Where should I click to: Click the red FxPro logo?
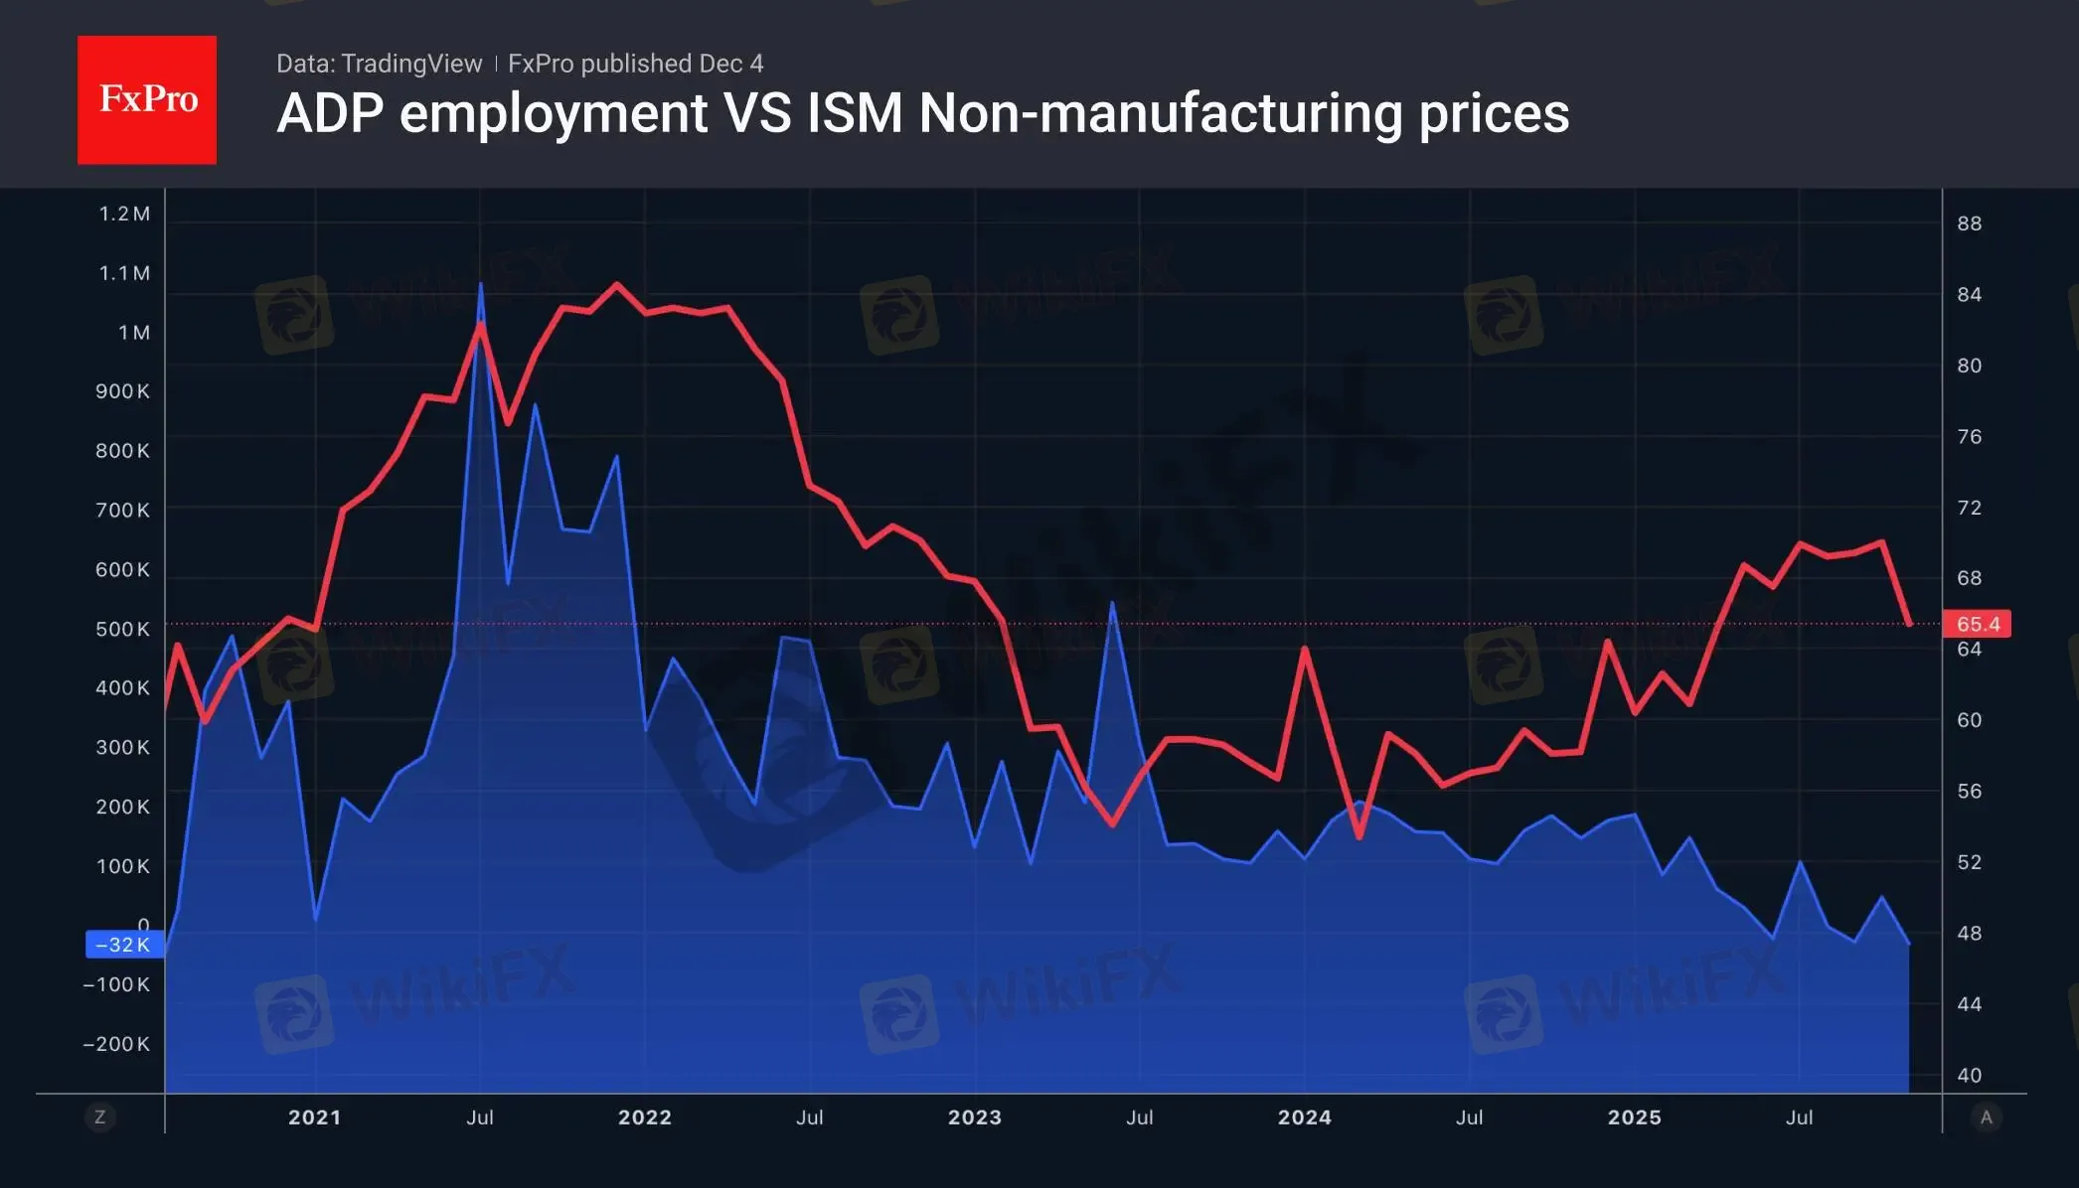147,99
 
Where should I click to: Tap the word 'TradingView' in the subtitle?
410,64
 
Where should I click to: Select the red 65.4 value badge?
1977,624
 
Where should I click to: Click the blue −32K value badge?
123,945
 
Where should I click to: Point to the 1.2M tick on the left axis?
124,214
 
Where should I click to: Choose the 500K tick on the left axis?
122,629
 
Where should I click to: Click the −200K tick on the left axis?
116,1044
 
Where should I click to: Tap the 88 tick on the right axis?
1969,223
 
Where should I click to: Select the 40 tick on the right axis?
1969,1075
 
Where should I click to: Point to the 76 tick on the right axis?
1969,437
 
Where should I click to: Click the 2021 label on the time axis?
314,1117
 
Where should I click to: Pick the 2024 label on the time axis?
1304,1117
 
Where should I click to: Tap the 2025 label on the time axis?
1634,1117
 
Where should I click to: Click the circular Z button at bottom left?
99,1117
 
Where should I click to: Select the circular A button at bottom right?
1986,1117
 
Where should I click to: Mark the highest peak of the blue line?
481,286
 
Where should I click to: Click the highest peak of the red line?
617,285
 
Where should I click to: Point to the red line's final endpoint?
1910,624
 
